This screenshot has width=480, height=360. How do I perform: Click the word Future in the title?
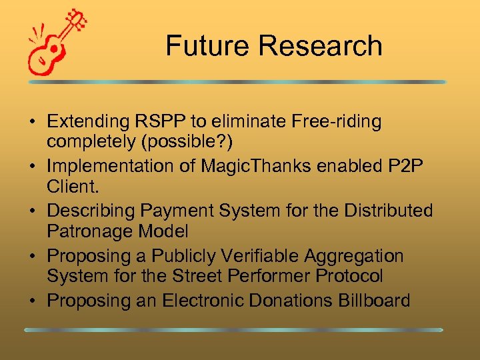tap(207, 46)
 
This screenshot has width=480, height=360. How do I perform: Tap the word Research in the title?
tap(319, 46)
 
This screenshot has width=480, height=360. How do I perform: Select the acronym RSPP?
tap(163, 121)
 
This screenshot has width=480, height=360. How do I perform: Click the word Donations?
tap(294, 301)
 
